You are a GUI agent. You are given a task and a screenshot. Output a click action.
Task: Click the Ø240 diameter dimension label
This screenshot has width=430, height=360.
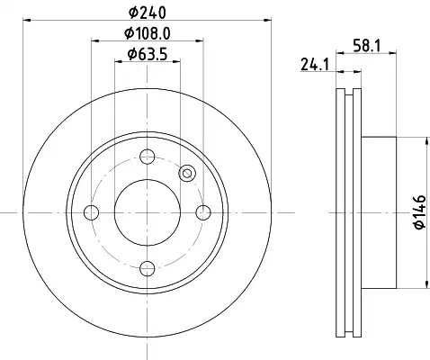pos(147,13)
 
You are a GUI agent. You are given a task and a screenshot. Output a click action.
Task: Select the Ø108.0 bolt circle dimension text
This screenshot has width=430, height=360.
pos(148,33)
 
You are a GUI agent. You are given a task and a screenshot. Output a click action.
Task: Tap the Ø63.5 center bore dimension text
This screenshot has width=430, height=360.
pos(147,54)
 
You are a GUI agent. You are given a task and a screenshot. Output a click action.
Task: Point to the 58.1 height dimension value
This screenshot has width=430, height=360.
pos(366,46)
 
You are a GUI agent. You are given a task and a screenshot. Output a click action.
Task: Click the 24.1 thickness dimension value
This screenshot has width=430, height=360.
pos(315,64)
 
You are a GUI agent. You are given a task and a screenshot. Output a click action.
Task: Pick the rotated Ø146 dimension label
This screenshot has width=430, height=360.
pos(420,211)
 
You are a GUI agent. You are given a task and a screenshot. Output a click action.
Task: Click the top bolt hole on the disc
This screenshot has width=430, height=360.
pos(148,157)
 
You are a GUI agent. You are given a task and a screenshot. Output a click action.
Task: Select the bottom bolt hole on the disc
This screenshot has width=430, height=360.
pos(148,268)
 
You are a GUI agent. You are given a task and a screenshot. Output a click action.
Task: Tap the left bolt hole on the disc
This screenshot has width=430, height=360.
pos(92,212)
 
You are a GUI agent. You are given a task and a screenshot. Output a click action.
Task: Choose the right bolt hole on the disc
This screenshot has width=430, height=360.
pos(203,212)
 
